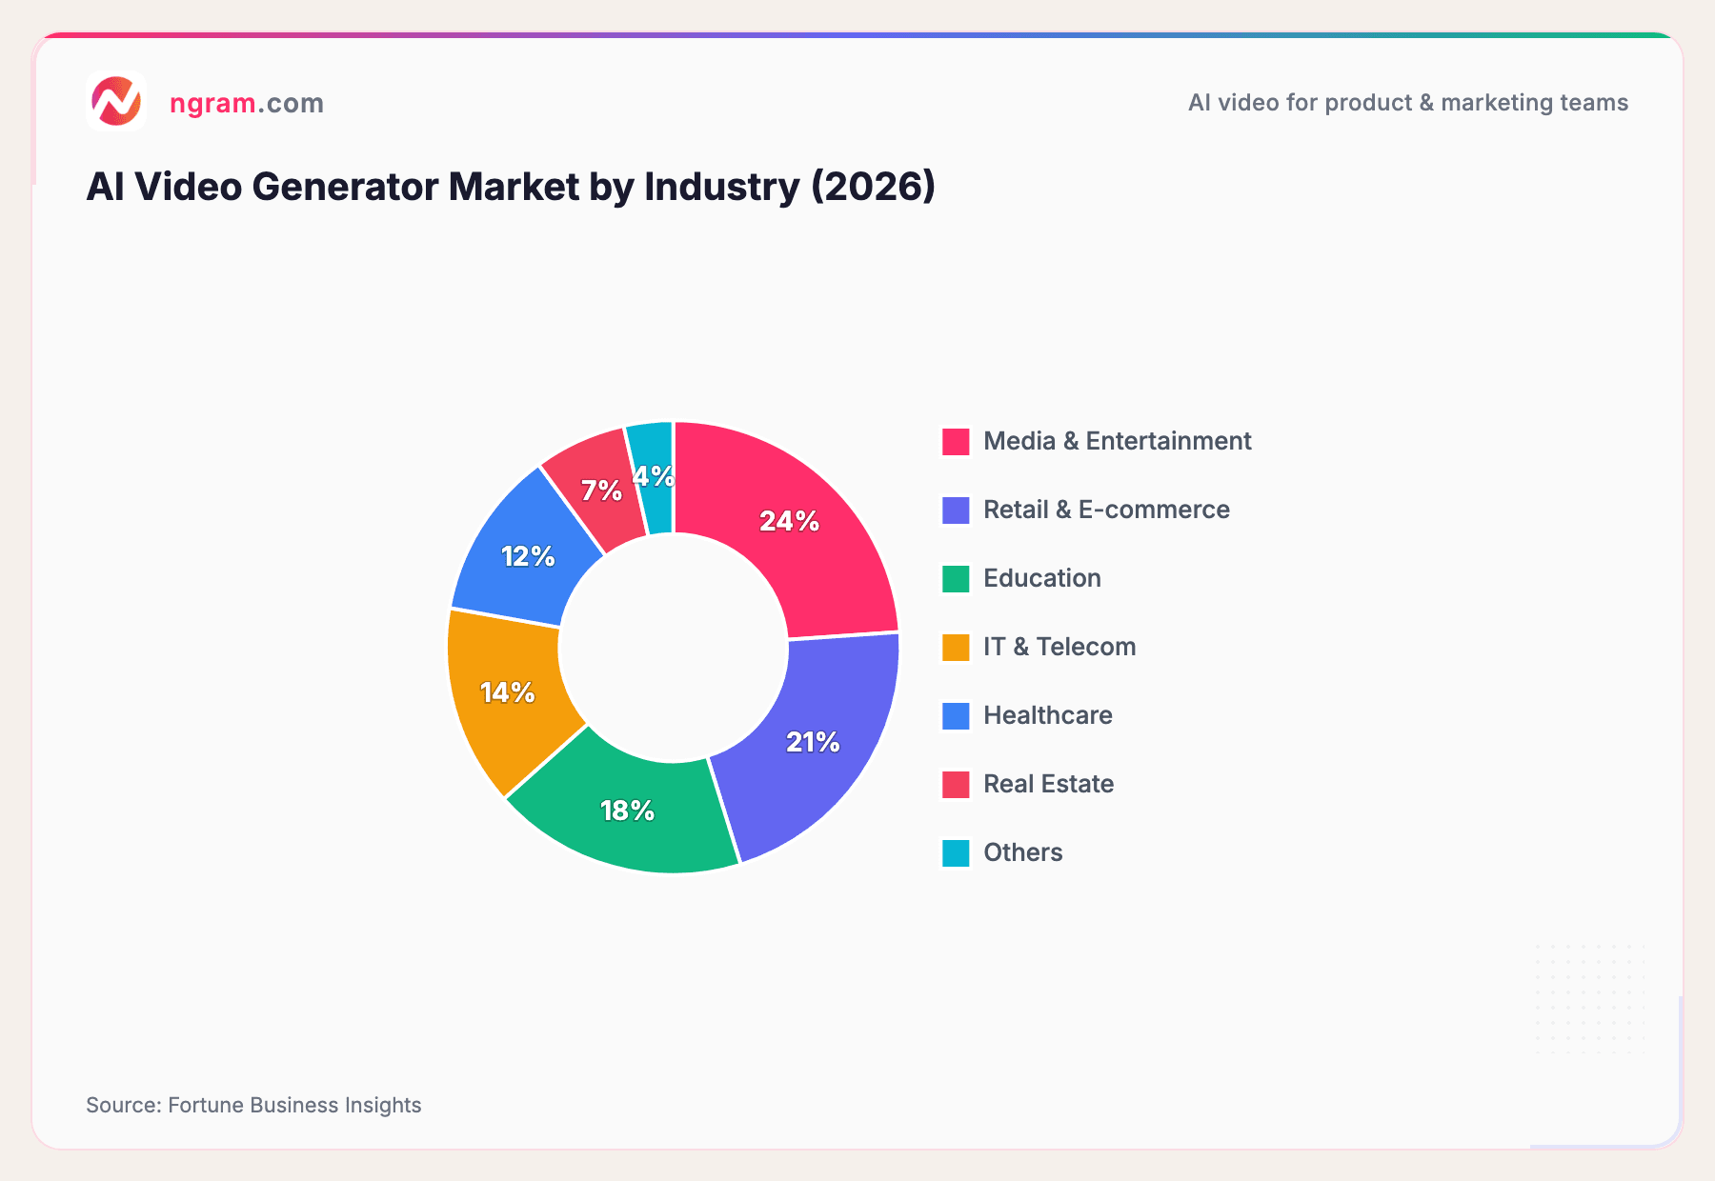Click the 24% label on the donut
[789, 521]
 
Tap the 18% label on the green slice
[627, 811]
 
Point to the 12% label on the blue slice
[528, 556]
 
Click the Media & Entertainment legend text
[1117, 441]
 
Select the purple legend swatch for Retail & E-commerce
[956, 510]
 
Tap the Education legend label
[1041, 578]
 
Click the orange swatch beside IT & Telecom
[956, 648]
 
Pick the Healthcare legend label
[1047, 715]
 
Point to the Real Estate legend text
[1048, 784]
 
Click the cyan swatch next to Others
[956, 853]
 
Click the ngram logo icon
[115, 101]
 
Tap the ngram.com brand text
[246, 103]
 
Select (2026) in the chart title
[873, 187]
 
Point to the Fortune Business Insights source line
[253, 1105]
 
